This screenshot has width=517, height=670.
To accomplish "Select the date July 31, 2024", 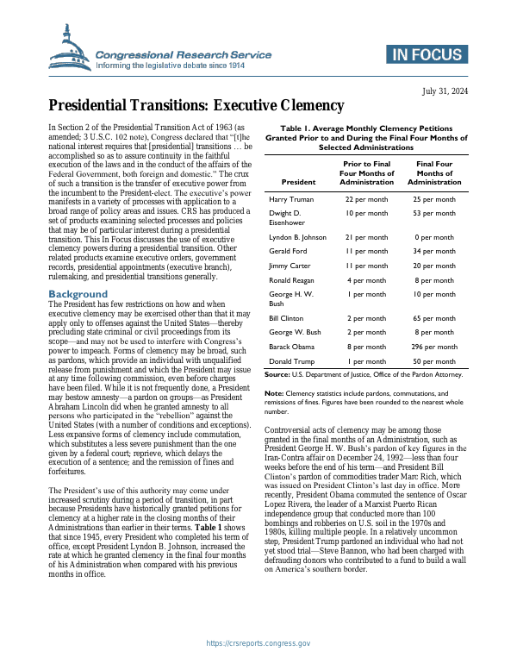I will [x=445, y=91].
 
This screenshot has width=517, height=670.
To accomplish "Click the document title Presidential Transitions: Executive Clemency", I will [x=196, y=106].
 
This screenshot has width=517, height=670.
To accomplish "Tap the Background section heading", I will [x=78, y=294].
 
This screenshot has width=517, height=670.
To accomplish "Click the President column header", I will [x=298, y=182].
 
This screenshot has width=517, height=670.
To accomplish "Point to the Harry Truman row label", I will [x=291, y=199].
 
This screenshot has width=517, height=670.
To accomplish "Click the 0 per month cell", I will [x=434, y=236].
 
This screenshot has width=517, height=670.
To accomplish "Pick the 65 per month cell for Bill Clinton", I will [x=434, y=318].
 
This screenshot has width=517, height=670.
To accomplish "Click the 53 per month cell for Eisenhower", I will [x=434, y=213].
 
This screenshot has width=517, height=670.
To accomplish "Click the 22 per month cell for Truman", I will [x=366, y=199].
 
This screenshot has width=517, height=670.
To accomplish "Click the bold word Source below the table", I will [x=276, y=374].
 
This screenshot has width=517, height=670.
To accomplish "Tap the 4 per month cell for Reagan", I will [x=366, y=280].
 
